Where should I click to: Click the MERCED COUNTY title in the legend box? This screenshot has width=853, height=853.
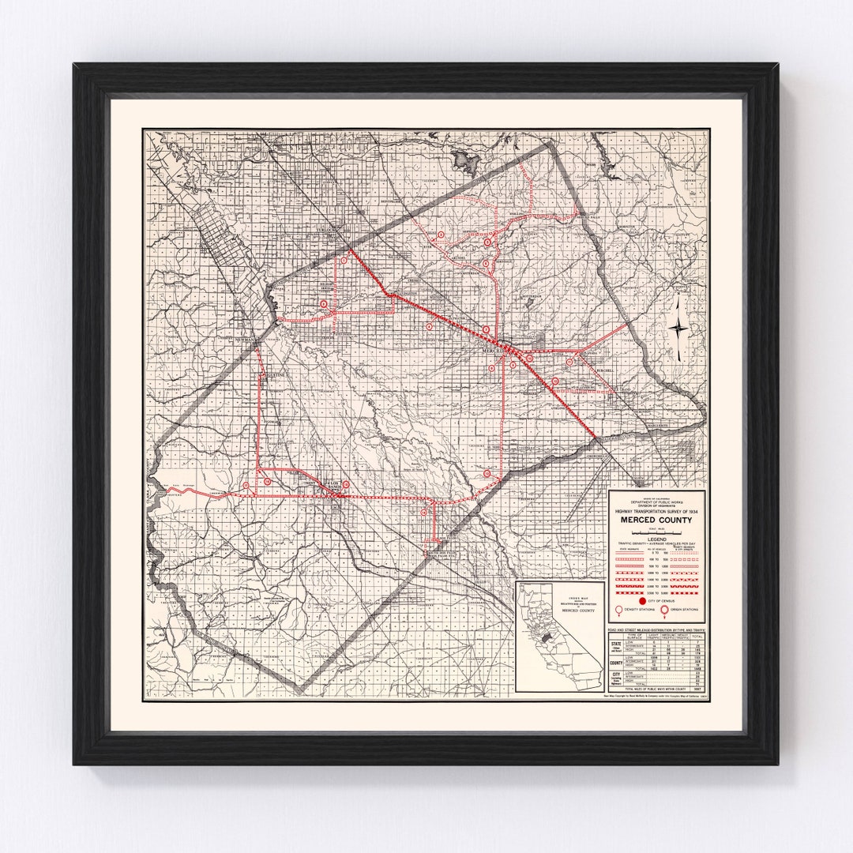tap(657, 520)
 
